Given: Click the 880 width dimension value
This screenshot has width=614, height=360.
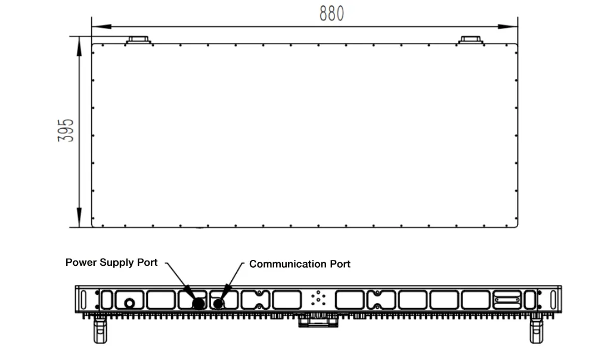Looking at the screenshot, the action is tap(331, 13).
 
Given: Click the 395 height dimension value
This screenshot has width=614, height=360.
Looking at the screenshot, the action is tap(66, 131).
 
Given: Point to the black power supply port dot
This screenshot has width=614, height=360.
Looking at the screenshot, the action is tap(198, 303).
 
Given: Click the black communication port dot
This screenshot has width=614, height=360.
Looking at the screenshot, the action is tap(218, 303).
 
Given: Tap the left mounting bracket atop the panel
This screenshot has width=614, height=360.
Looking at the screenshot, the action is tap(139, 40).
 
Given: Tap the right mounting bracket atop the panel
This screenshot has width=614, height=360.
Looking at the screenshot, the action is tap(470, 40).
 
